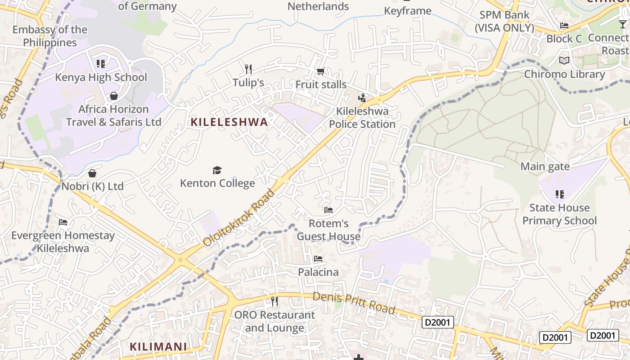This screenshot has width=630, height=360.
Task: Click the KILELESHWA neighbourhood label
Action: click(x=229, y=122)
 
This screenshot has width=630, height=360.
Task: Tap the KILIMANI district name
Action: click(x=158, y=346)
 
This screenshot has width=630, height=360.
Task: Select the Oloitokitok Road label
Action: click(x=239, y=218)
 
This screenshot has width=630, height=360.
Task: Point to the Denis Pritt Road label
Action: click(x=354, y=303)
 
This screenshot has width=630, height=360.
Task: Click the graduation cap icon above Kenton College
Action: click(x=217, y=170)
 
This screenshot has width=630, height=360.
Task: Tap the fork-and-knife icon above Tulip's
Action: click(x=248, y=69)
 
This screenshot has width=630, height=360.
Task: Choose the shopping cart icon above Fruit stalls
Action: click(x=320, y=71)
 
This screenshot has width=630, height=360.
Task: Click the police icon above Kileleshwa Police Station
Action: click(x=362, y=98)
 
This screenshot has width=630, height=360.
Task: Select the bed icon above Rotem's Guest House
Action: click(x=328, y=210)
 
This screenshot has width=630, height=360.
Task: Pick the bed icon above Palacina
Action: click(x=318, y=259)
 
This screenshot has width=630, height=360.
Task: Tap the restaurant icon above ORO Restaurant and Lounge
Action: click(x=274, y=301)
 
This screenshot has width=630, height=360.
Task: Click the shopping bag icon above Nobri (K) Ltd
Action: click(x=92, y=173)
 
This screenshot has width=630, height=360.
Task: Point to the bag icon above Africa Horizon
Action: click(x=113, y=96)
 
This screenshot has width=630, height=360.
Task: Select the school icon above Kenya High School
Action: click(x=101, y=64)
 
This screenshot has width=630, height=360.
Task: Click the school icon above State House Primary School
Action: click(x=559, y=194)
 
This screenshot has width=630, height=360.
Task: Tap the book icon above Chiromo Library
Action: click(x=564, y=61)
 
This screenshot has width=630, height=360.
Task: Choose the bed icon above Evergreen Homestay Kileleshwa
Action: click(x=63, y=222)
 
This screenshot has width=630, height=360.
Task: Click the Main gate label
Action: click(x=545, y=166)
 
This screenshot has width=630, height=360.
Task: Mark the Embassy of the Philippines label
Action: click(x=50, y=36)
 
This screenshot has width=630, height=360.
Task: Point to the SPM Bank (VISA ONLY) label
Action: click(x=504, y=21)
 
